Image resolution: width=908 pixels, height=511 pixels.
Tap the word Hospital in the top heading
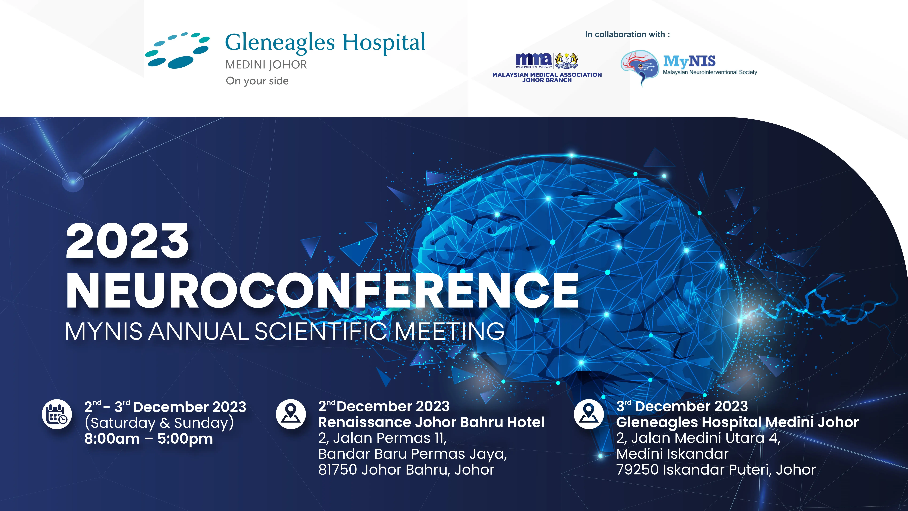384,43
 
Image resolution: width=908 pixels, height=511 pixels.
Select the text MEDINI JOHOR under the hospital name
266,64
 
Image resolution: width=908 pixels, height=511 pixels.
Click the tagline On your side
257,81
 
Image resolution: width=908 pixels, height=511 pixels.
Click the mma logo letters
534,59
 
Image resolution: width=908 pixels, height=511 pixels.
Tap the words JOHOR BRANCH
547,80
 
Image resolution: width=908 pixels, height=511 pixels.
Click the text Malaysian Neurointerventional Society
710,72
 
